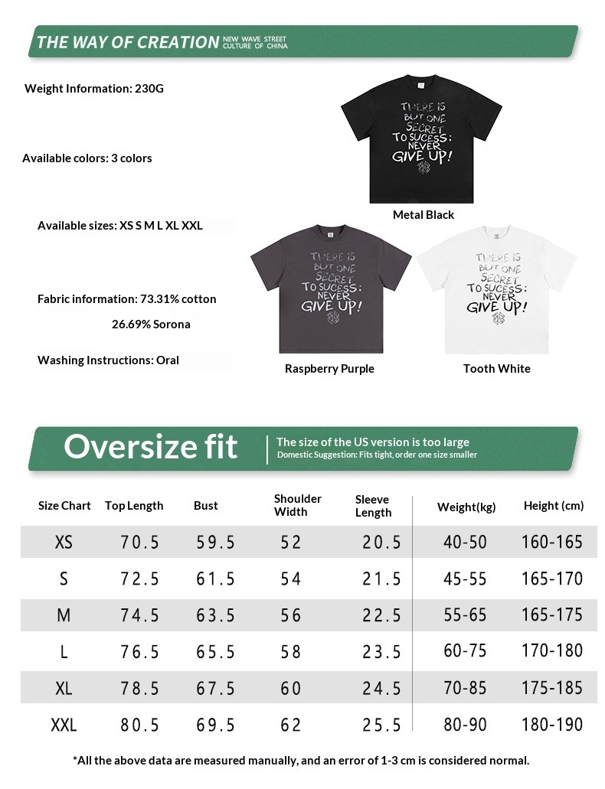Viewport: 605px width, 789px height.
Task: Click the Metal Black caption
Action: tap(423, 215)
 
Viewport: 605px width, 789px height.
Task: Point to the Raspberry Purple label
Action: tap(329, 369)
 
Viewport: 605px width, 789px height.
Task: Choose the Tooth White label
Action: tap(496, 369)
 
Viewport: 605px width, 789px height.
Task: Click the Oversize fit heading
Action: tap(151, 447)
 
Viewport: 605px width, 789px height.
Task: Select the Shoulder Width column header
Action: tap(298, 505)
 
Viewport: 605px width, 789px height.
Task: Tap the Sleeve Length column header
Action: tap(373, 506)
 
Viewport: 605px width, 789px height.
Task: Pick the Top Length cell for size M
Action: tap(139, 615)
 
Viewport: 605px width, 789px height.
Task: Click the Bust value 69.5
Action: tap(215, 725)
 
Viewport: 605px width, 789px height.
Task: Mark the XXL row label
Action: tap(64, 725)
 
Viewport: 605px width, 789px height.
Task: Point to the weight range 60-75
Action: tap(465, 651)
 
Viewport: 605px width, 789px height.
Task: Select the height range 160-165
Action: tap(552, 542)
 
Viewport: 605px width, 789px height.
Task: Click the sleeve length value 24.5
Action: tap(381, 688)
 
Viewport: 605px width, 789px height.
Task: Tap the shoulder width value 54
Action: tap(290, 579)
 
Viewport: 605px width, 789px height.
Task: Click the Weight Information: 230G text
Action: tap(94, 88)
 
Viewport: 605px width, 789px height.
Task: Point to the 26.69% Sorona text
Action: tap(151, 324)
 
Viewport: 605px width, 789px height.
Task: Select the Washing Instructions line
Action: tap(108, 360)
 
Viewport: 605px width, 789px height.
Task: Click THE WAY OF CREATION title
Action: tap(128, 42)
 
